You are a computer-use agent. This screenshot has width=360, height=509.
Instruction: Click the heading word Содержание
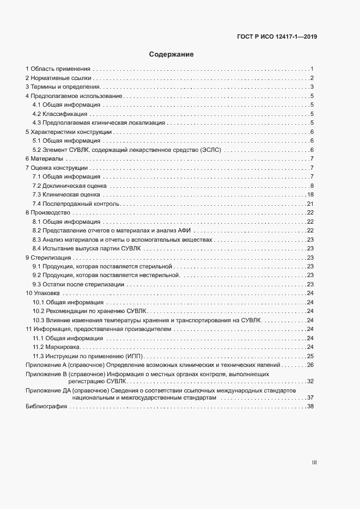point(172,54)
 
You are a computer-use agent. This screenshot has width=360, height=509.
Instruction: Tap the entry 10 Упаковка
point(44,293)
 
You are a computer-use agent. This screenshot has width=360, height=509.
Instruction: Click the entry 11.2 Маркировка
point(56,347)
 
